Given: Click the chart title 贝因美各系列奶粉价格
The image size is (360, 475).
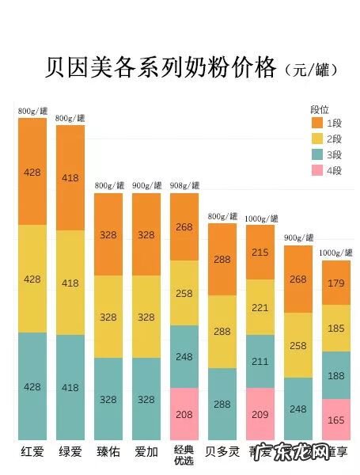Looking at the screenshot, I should tap(161, 66).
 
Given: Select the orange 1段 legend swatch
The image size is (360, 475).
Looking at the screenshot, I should tap(316, 123).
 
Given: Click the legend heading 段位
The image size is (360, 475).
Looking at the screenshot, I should tap(320, 109).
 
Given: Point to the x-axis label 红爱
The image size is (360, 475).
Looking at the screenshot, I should tap(32, 453).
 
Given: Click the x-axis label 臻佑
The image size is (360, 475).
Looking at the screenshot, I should tap(108, 453).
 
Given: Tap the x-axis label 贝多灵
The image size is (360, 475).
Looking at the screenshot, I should tap(222, 453).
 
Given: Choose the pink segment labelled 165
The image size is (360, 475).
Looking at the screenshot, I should tap(336, 420).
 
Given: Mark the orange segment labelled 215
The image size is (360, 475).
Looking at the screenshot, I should tap(260, 252).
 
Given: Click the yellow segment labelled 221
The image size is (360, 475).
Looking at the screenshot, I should tap(260, 307).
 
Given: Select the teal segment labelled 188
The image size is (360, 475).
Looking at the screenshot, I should tap(336, 375).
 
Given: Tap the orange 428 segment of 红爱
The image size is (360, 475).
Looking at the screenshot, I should tap(32, 172).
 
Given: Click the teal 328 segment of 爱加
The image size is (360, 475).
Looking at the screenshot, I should tap(146, 399).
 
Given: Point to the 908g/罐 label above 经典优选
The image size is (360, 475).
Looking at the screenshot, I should tap(184, 186).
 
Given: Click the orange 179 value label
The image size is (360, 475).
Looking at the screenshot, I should tap(336, 283).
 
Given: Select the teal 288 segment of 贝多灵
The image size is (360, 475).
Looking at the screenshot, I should tap(222, 404).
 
